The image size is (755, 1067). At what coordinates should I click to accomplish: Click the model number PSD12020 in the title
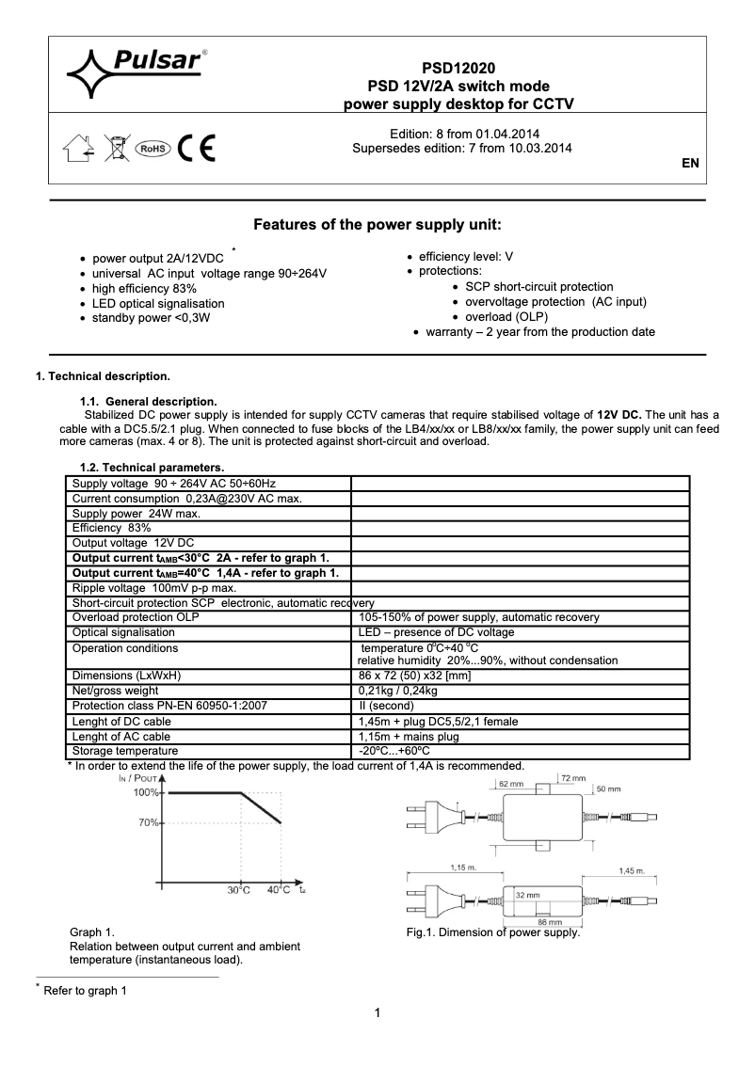click(458, 68)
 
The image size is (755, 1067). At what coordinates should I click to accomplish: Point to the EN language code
click(690, 163)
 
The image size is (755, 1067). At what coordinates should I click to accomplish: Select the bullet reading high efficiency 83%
click(144, 288)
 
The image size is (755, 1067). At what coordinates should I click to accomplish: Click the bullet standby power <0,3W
click(151, 318)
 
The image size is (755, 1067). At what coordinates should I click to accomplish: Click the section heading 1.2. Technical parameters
click(152, 467)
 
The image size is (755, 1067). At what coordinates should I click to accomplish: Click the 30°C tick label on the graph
click(238, 890)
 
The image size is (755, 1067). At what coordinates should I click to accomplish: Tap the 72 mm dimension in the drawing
click(573, 779)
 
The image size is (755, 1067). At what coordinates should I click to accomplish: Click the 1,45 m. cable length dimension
click(632, 871)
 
